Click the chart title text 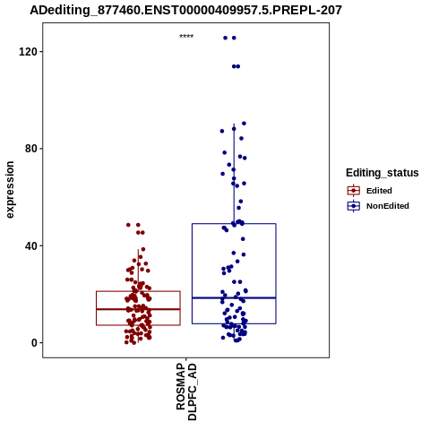coord(185,11)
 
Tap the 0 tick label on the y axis coord(34,343)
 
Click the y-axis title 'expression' coord(10,190)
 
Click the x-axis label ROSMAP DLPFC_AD coord(186,391)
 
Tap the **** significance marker coord(186,37)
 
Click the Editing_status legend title coord(383,173)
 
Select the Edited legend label coord(379,191)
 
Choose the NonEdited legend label coord(388,206)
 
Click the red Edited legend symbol coord(354,191)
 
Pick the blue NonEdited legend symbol coord(354,206)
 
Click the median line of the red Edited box coord(138,309)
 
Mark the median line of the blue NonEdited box coord(234,297)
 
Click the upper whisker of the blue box coord(234,174)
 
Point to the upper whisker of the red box coord(138,271)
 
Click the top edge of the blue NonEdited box coord(234,223)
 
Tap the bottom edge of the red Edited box coord(138,325)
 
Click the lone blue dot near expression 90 coord(244,124)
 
